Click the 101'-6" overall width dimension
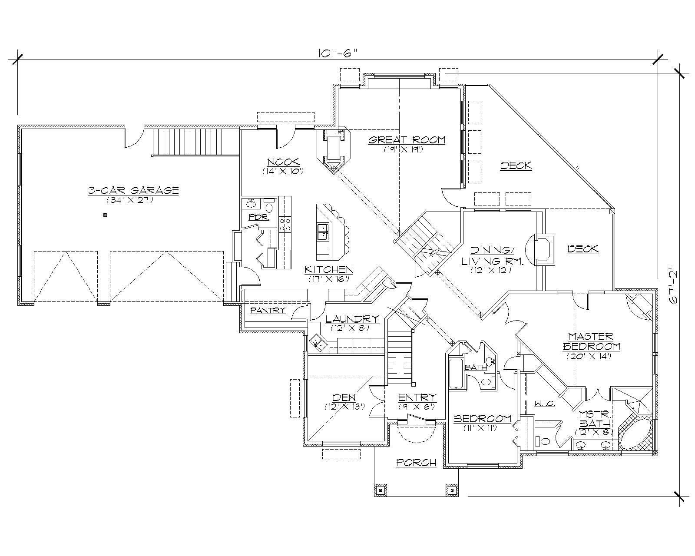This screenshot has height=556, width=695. point(337,53)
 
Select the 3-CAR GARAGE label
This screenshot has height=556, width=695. point(133,190)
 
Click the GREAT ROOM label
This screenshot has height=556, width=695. point(407,140)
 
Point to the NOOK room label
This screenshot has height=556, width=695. point(282,162)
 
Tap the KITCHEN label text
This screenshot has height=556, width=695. point(328,270)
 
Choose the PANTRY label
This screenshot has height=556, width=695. point(268,310)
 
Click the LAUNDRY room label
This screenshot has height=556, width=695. point(352,318)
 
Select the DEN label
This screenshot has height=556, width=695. point(344,397)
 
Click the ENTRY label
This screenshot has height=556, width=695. point(417,397)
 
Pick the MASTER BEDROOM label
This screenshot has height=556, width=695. point(591,341)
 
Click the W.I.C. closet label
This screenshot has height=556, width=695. point(544,404)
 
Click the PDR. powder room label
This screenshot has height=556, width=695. point(259,217)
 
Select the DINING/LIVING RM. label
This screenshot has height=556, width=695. point(492,256)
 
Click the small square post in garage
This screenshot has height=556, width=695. point(105,215)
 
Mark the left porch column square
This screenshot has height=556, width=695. point(381,490)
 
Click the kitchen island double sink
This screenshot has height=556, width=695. point(323,232)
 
